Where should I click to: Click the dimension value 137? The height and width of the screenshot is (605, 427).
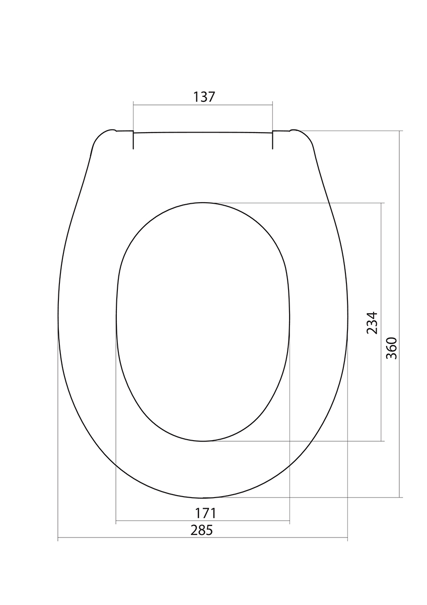point(204,97)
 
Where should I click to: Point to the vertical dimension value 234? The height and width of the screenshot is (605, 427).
point(372,323)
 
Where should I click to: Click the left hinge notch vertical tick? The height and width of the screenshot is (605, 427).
point(133,140)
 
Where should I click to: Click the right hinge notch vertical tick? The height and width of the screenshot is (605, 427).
point(272,140)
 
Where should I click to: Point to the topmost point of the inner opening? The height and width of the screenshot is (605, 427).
point(203,203)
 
